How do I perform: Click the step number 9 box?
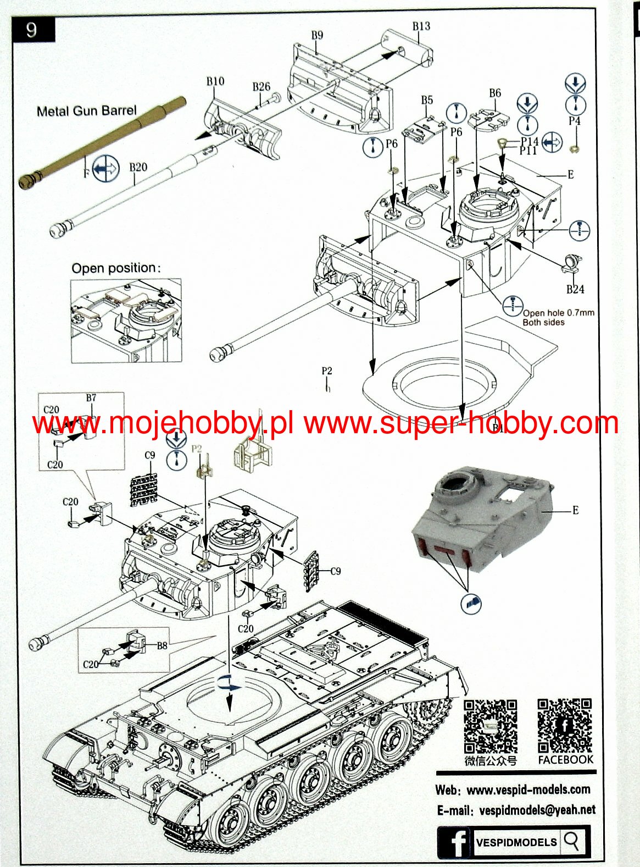point(32,29)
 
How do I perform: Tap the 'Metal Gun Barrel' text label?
point(86,111)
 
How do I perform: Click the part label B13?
point(421,26)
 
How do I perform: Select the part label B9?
point(317,35)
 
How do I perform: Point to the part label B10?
point(215,81)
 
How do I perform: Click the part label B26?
point(261,87)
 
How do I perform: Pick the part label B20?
point(138,167)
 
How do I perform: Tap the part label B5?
point(427,100)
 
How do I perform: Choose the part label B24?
point(575,289)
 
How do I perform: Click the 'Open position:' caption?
point(116,268)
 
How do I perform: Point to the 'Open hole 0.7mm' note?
point(558,313)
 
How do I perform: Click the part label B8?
point(162,645)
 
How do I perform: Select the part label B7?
point(91,397)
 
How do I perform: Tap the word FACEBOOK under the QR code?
point(565,760)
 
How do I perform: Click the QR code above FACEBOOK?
point(565,725)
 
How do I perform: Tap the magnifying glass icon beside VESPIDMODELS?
point(572,841)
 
